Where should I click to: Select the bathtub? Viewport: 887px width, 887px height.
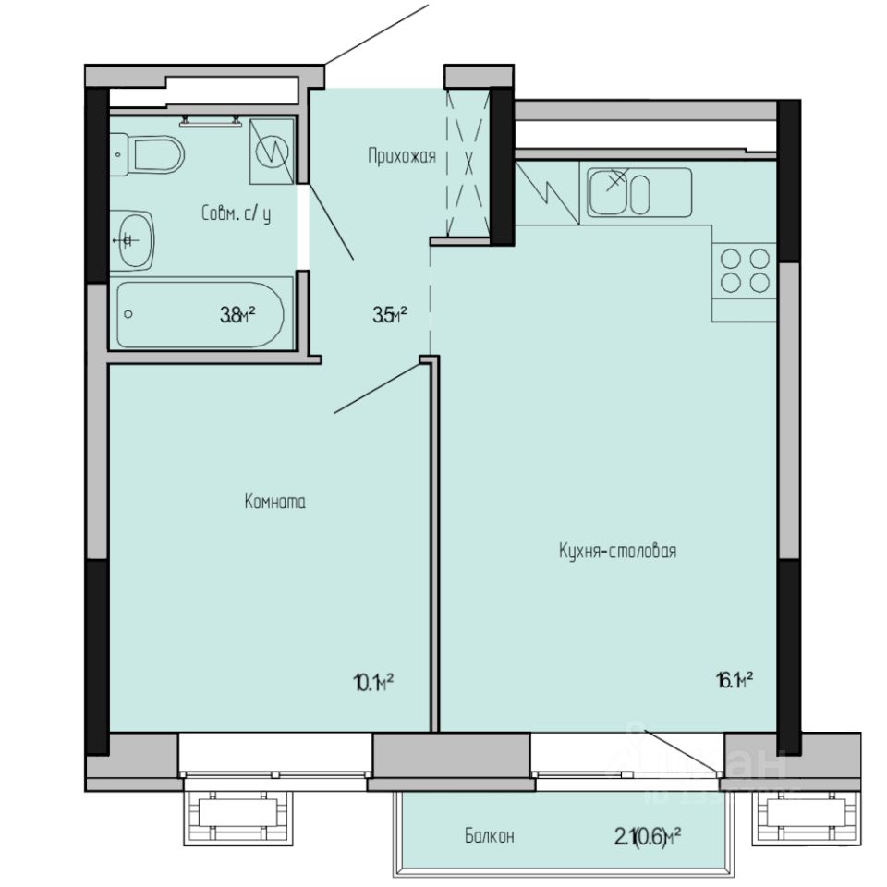coord(203,313)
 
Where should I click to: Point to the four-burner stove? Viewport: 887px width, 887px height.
coord(745,271)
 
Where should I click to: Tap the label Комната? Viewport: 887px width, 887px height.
coord(274,503)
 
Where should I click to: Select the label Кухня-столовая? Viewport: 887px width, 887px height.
coord(618,552)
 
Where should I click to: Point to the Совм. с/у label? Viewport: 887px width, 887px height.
coord(237,213)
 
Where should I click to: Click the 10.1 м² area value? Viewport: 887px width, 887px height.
coord(374,682)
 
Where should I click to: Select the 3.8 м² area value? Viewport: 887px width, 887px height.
coord(237,315)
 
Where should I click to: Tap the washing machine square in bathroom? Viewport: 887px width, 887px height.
coord(272,150)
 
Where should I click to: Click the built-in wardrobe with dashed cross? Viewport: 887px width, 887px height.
coord(467,163)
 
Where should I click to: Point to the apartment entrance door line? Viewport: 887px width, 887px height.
coord(377,35)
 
